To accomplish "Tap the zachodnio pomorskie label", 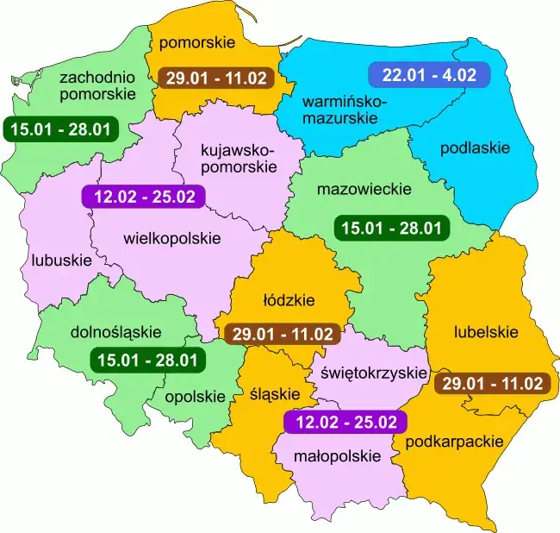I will pyautogui.click(x=97, y=85).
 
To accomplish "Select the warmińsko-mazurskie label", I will pyautogui.click(x=345, y=111).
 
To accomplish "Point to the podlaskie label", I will pyautogui.click(x=475, y=147).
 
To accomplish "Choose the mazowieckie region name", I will pyautogui.click(x=364, y=188).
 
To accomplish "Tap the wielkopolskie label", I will pyautogui.click(x=172, y=237).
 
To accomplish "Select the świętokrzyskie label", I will pyautogui.click(x=374, y=373).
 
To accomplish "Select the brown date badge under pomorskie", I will pyautogui.click(x=216, y=77).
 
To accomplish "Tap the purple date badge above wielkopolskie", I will pyautogui.click(x=142, y=197).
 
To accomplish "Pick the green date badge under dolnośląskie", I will pyautogui.click(x=147, y=360).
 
